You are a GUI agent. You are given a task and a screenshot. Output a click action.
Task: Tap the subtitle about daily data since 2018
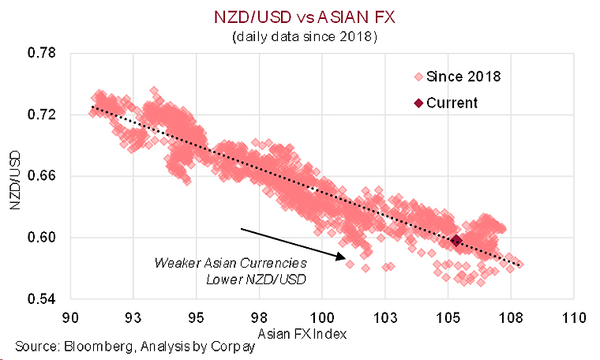click(299, 37)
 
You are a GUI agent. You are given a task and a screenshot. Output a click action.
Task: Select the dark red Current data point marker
click(456, 239)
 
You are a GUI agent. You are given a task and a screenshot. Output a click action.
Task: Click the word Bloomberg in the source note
click(85, 346)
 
